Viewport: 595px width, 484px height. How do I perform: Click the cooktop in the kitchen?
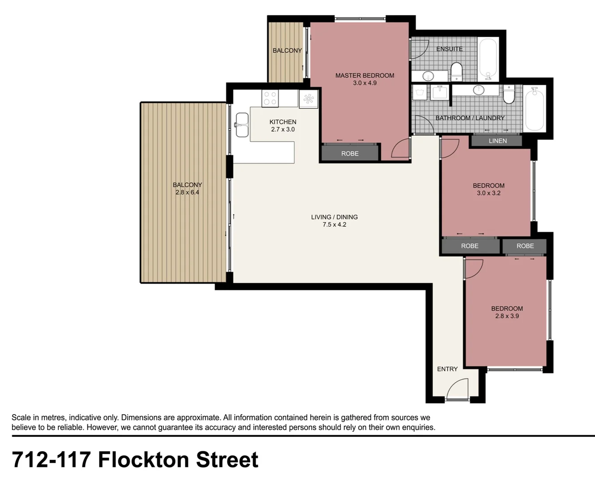tap(270, 98)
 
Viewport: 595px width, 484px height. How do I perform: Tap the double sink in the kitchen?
tap(242, 125)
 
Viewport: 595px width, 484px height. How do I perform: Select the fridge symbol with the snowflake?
tap(309, 99)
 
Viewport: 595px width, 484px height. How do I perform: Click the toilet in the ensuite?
tap(457, 72)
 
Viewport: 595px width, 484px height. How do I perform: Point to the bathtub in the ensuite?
tap(488, 59)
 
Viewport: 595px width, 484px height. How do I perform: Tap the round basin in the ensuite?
tap(428, 76)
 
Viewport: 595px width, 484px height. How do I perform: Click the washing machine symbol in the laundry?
tap(420, 93)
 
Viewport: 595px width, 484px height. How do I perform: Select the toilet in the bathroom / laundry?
tap(509, 94)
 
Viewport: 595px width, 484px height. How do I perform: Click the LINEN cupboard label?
tap(497, 141)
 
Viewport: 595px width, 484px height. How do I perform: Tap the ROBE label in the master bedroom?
tap(350, 153)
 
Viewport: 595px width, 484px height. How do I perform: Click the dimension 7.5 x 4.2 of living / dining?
tap(334, 225)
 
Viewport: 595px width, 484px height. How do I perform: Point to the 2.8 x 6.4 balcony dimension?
tap(187, 192)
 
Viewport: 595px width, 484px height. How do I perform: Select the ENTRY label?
tap(447, 369)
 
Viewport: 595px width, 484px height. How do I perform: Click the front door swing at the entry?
tap(457, 389)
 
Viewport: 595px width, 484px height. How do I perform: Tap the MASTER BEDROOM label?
tap(365, 75)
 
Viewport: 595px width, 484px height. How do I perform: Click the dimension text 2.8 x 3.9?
tap(507, 316)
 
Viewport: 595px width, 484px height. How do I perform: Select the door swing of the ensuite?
tap(419, 49)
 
